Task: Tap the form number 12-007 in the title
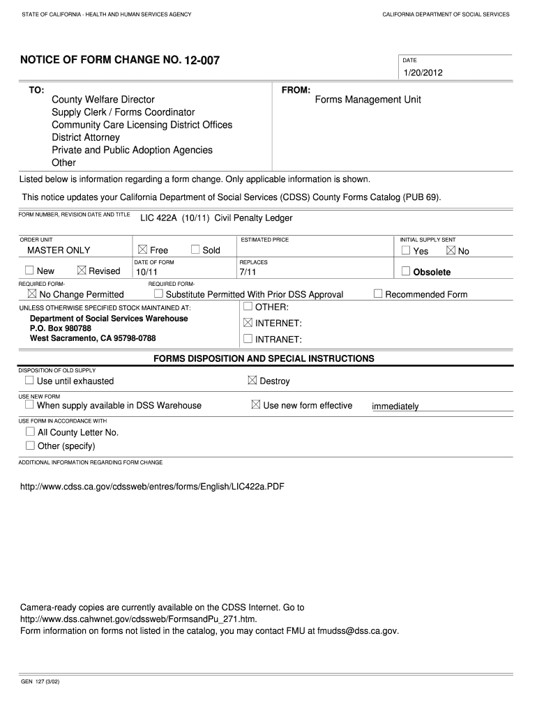(x=202, y=61)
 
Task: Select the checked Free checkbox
(x=142, y=250)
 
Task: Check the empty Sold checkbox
(x=195, y=250)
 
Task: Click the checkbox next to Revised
(x=82, y=271)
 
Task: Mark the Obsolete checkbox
(x=406, y=271)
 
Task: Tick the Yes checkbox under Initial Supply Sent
(x=406, y=250)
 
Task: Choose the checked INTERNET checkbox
(x=248, y=323)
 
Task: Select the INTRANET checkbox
(x=248, y=339)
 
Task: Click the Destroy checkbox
(x=252, y=381)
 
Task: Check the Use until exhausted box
(x=29, y=381)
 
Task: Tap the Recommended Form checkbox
(x=378, y=294)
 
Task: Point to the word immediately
(x=395, y=407)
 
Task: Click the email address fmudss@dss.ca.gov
(x=357, y=630)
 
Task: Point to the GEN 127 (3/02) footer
(x=40, y=681)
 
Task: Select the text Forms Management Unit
(x=368, y=100)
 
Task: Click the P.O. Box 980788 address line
(x=61, y=328)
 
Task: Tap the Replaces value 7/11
(x=248, y=272)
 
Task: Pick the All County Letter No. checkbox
(x=30, y=432)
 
